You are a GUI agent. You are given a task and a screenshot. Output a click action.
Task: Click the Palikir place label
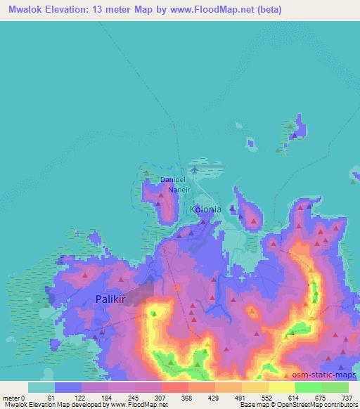(x=111, y=299)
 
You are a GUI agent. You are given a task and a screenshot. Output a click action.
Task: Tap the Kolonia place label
(x=205, y=209)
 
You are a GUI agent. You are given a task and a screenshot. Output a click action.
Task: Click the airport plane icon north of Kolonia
(x=195, y=169)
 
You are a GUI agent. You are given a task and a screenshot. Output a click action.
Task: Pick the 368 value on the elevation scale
(x=187, y=397)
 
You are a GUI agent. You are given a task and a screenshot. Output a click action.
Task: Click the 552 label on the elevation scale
(x=268, y=397)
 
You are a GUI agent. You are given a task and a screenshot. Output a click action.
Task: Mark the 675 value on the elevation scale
(x=320, y=397)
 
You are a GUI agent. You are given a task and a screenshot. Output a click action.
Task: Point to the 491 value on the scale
(x=240, y=397)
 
